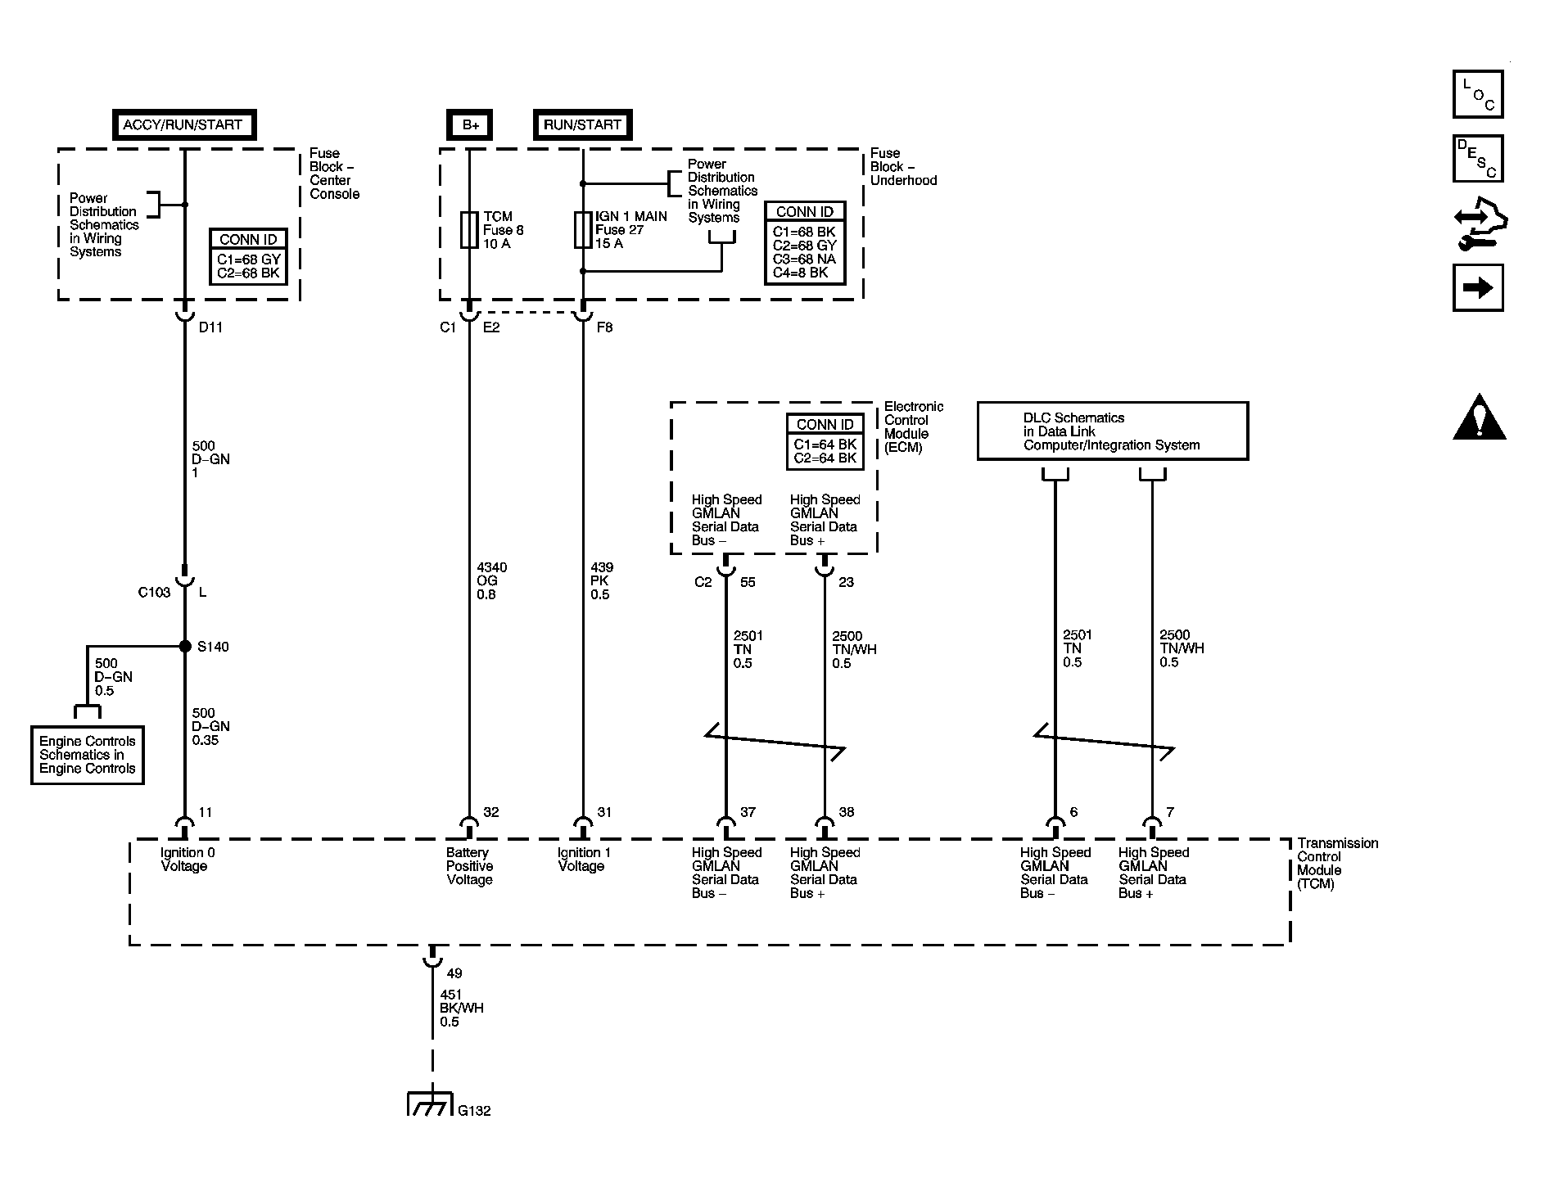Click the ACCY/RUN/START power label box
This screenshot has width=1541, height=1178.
(183, 125)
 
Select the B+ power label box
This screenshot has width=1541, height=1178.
(470, 125)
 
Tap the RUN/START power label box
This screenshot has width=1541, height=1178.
(582, 125)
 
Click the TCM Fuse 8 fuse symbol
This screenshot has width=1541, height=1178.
(469, 229)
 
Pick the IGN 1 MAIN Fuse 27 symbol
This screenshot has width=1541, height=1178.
(582, 229)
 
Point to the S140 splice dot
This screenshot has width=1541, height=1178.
(185, 647)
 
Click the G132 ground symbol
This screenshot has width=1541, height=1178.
(430, 1104)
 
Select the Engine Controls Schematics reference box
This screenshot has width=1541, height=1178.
(88, 755)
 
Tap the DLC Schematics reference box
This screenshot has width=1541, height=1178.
(1112, 431)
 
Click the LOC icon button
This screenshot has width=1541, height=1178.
(1478, 95)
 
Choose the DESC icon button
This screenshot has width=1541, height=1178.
(1478, 159)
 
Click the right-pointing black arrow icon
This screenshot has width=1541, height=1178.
(1478, 288)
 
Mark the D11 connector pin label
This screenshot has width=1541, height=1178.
(210, 327)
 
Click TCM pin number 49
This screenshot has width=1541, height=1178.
(454, 973)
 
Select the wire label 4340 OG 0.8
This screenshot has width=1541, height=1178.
(491, 580)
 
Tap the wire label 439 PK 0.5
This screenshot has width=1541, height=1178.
(602, 580)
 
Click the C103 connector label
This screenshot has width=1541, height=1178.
(154, 592)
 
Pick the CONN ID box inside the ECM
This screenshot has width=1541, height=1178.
(825, 442)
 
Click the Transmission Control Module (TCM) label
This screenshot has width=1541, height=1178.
(1337, 863)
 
